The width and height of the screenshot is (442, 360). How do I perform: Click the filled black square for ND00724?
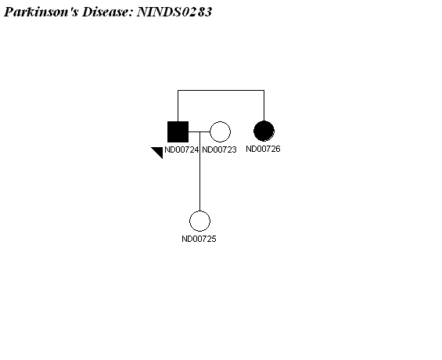[x=178, y=131]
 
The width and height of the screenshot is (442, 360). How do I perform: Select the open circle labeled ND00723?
[x=220, y=131]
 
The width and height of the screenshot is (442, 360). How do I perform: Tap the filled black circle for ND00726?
[x=264, y=131]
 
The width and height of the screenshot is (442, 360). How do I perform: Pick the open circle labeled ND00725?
[x=199, y=221]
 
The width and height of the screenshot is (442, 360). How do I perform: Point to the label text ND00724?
[x=181, y=149]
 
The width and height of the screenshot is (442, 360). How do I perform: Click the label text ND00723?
[x=219, y=149]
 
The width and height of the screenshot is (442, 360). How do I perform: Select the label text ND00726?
[x=264, y=149]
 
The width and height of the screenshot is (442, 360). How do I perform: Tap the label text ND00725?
[x=199, y=239]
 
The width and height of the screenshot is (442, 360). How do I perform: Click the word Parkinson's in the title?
[x=41, y=12]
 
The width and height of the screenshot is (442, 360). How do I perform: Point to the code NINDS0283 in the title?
[x=174, y=12]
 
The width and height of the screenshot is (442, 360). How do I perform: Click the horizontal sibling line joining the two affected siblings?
[x=221, y=91]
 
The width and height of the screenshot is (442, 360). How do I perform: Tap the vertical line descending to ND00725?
[x=199, y=171]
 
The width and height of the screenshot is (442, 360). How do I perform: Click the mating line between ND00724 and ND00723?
[x=199, y=131]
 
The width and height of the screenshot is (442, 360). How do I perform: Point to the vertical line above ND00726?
[x=264, y=106]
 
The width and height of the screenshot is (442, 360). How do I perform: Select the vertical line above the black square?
[x=178, y=106]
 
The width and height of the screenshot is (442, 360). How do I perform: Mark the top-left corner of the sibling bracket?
[x=178, y=91]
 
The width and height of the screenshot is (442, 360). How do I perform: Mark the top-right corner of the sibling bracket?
[x=264, y=91]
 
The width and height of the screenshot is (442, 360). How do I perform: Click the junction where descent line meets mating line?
[x=199, y=131]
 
